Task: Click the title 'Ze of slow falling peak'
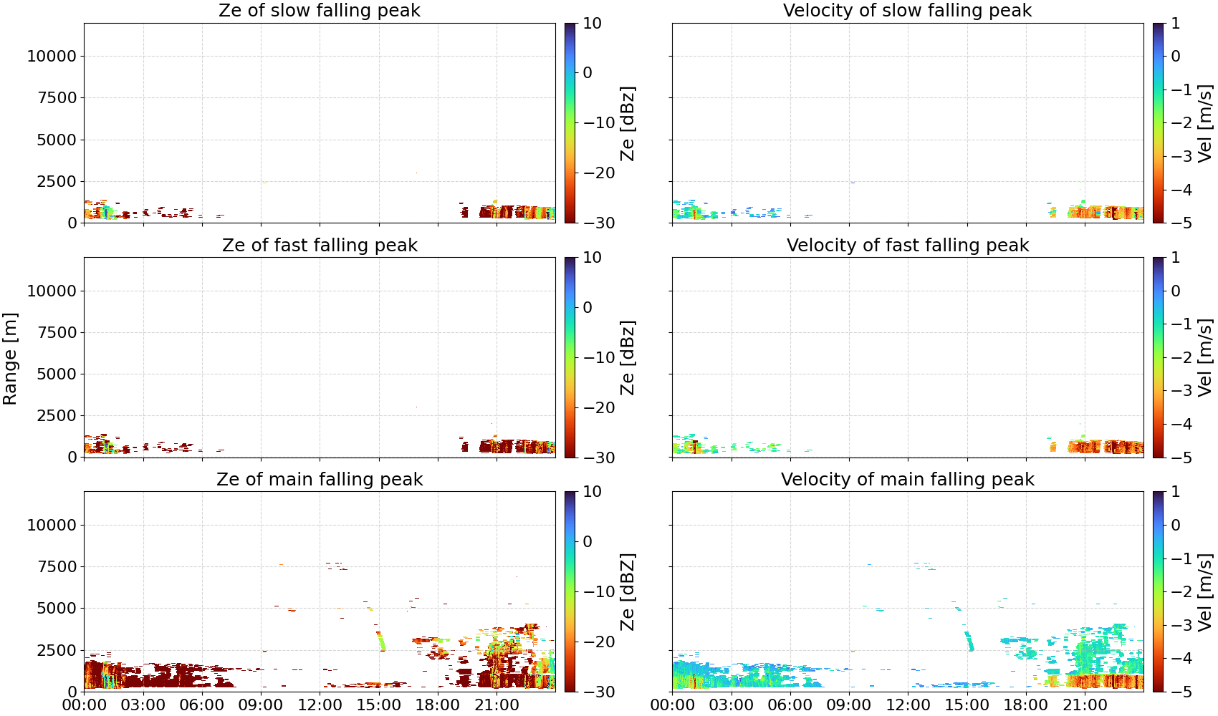[x=319, y=10]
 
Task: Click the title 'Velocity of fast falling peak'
[x=908, y=245]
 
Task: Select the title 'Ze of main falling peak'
[x=319, y=479]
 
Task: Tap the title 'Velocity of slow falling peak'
[x=908, y=10]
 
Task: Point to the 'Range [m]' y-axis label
[x=10, y=359]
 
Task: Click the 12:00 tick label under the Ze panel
[x=320, y=705]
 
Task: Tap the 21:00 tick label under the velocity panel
[x=1085, y=705]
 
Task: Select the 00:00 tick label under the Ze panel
[x=85, y=705]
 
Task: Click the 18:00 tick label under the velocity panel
[x=1026, y=705]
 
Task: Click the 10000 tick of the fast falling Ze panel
[x=52, y=291]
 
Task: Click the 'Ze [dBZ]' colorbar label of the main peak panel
[x=627, y=591]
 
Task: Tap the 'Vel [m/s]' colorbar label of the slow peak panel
[x=1205, y=122]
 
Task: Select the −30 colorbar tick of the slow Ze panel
[x=599, y=223]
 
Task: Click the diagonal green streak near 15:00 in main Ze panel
[x=380, y=641]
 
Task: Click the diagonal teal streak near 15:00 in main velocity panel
[x=969, y=641]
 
